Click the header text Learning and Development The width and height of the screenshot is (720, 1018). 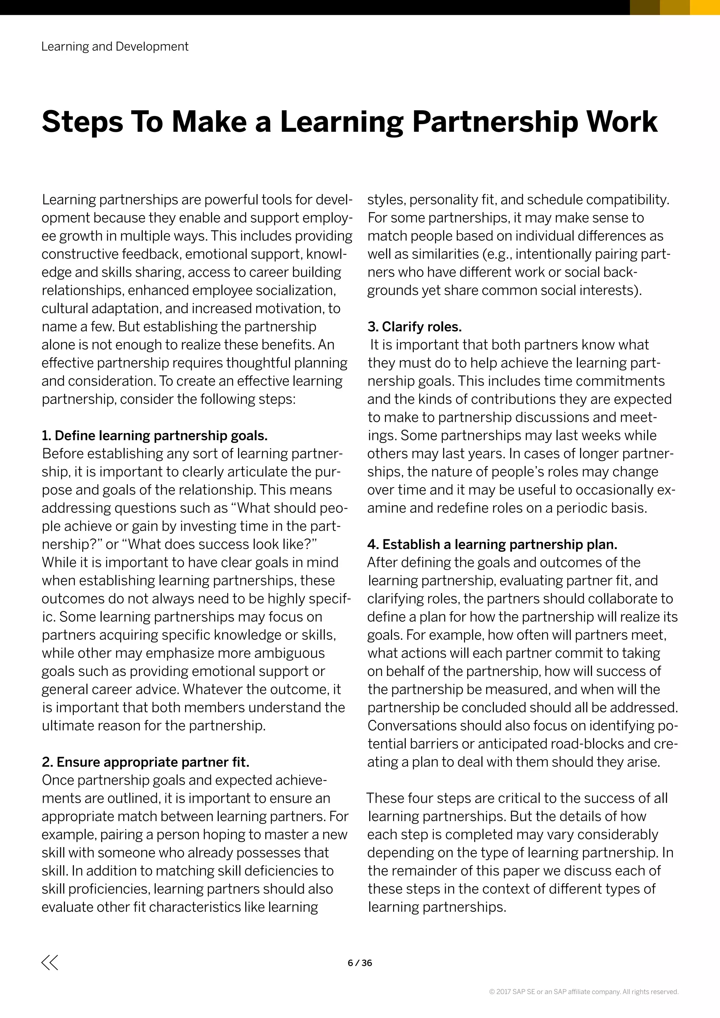pyautogui.click(x=115, y=46)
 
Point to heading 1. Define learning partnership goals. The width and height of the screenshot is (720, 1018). pyautogui.click(x=155, y=436)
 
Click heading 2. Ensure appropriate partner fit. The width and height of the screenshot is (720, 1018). pyautogui.click(x=146, y=762)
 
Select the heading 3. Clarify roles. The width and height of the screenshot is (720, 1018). pyautogui.click(x=414, y=327)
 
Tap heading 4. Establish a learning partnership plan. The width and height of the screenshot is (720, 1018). pyautogui.click(x=492, y=544)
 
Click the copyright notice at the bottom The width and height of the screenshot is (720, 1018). pyautogui.click(x=584, y=992)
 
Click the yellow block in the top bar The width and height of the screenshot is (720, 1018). pyautogui.click(x=705, y=7)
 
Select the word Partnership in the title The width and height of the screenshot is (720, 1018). pyautogui.click(x=495, y=122)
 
